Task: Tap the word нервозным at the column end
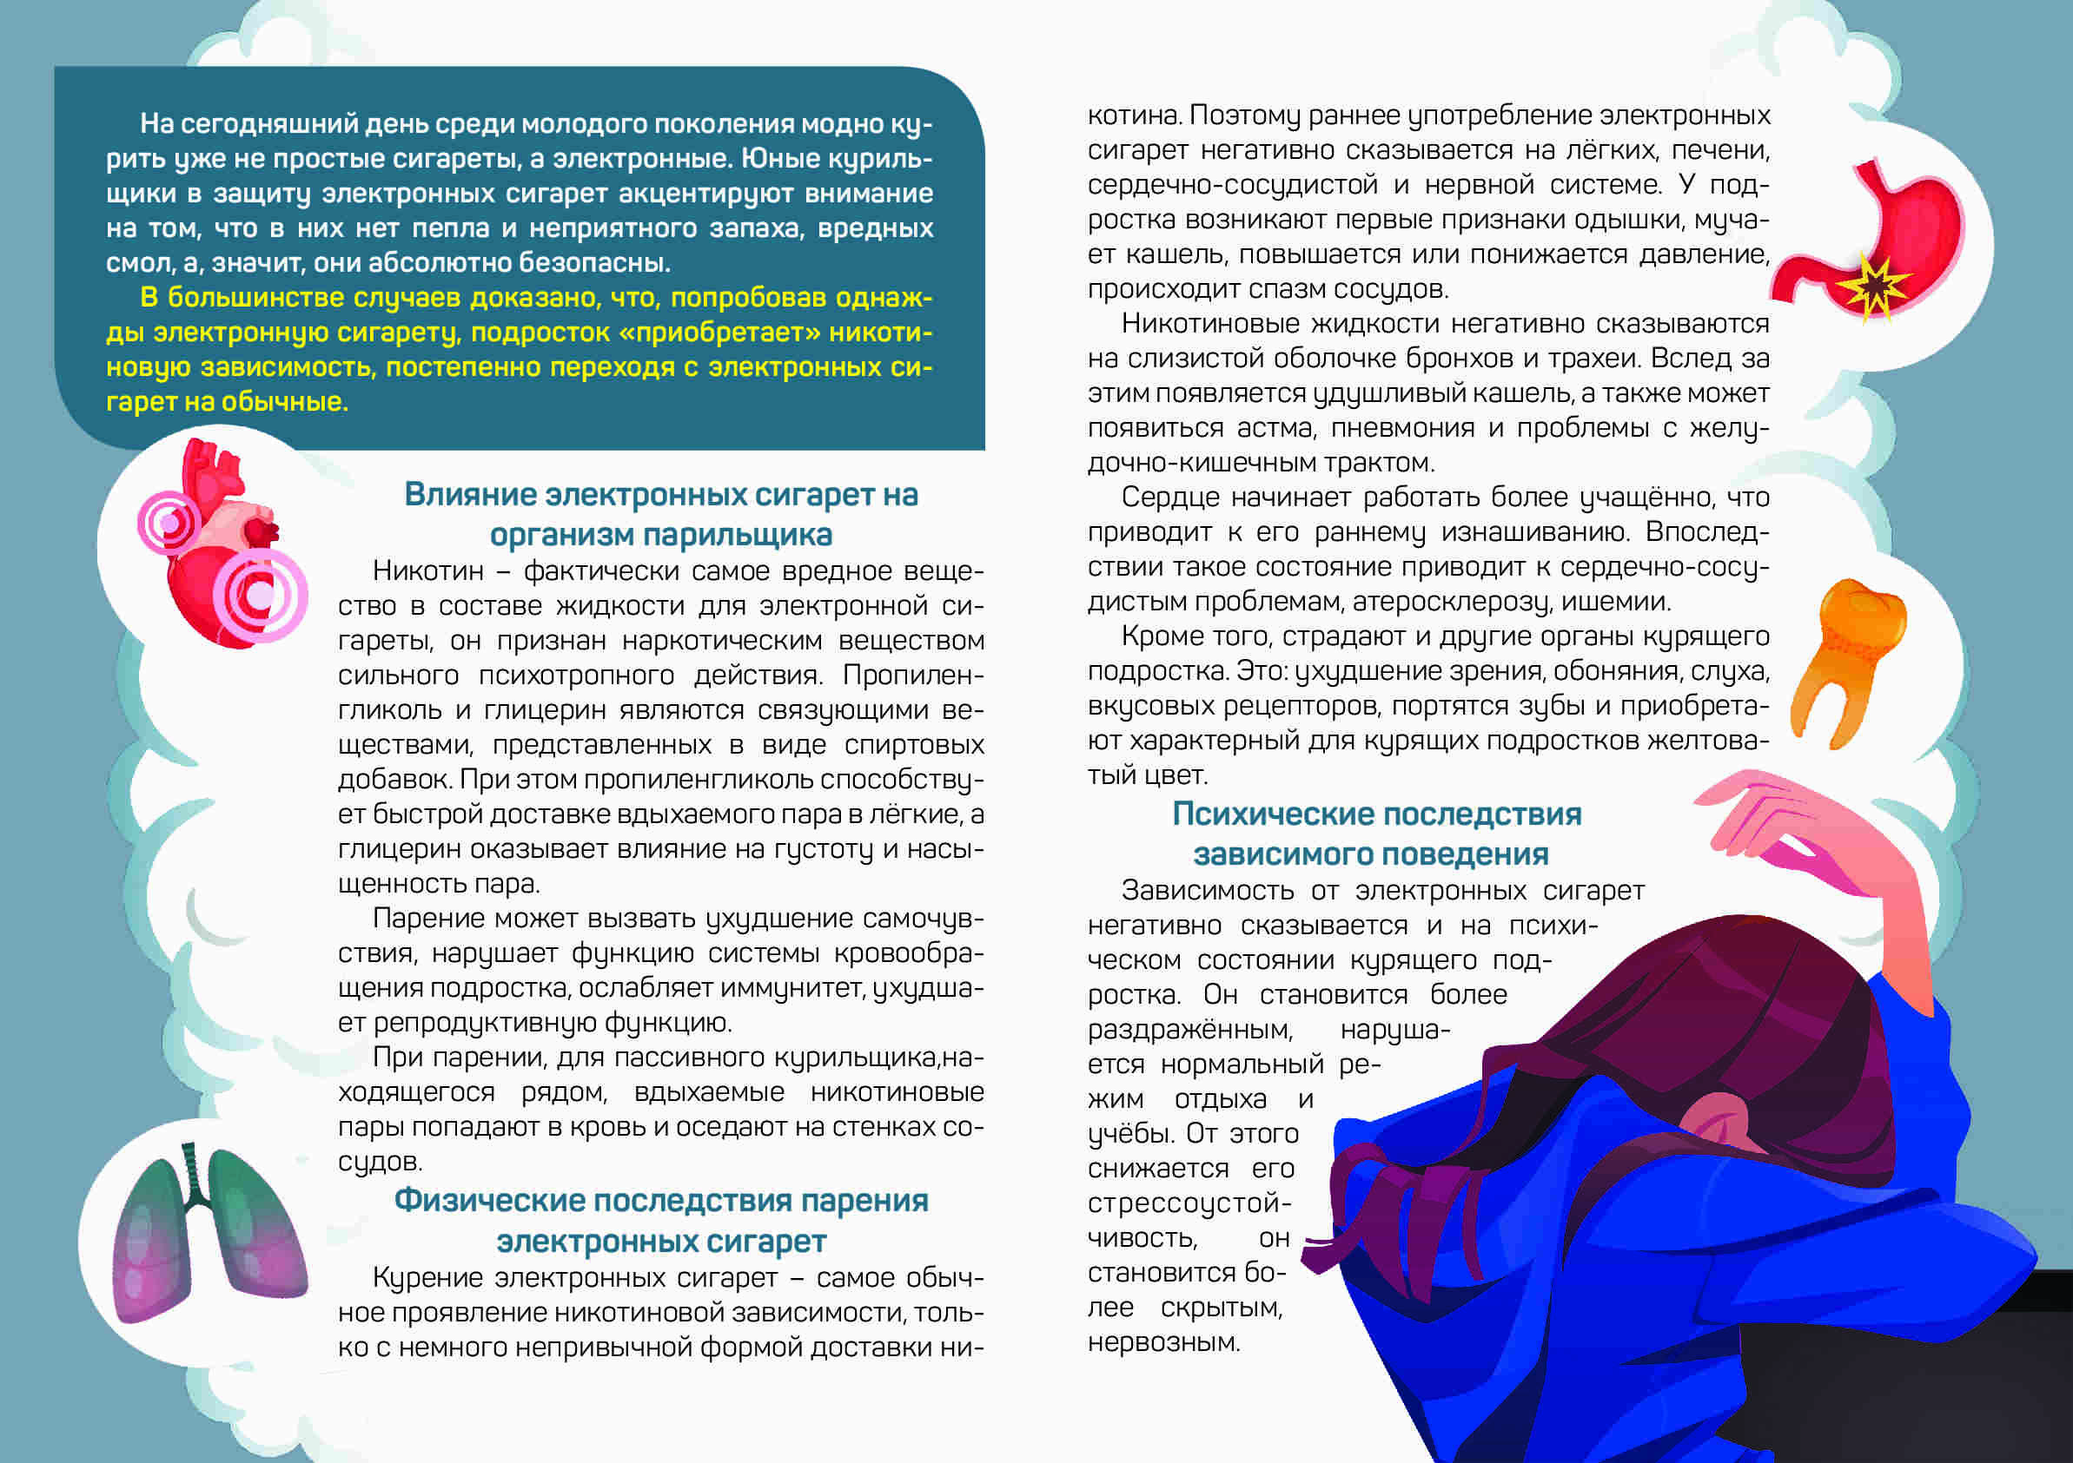pos(1162,1343)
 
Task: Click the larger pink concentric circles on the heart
pos(260,596)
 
